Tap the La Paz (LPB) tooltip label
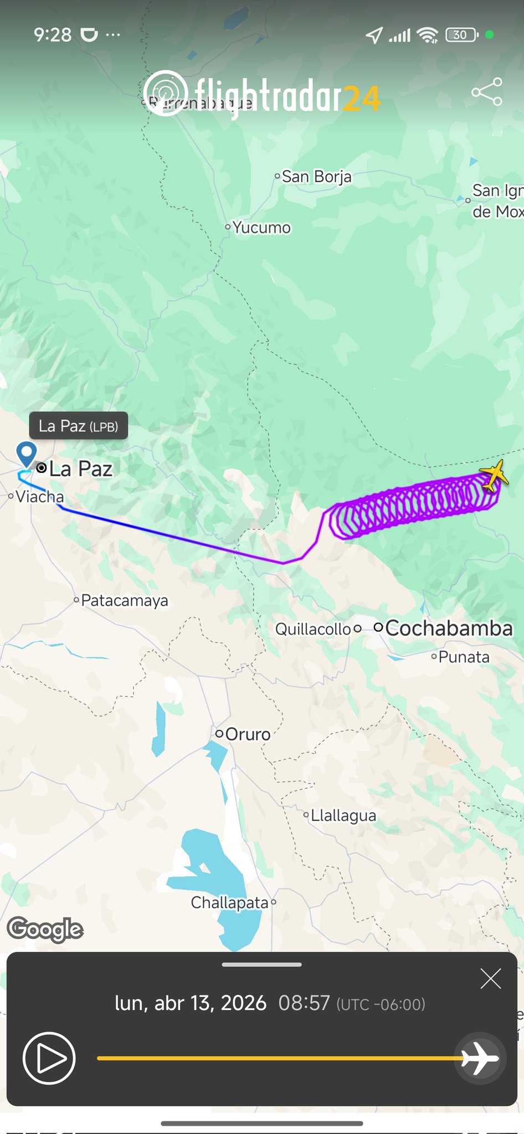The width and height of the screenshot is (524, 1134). pos(78,426)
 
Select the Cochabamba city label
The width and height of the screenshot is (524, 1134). pos(448,628)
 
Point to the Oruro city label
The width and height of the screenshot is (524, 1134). pos(247,734)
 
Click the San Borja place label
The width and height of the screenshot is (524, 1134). pos(316,177)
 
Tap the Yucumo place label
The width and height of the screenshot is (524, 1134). pos(261,228)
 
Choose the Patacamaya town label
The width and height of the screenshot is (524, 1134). pos(124,601)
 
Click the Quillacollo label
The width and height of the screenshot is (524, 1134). pos(313,629)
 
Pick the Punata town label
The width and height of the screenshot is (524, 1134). pos(464,657)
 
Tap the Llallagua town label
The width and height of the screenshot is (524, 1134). pos(343,816)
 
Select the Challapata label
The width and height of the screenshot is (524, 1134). pos(229,903)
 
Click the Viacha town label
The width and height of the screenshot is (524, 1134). pos(39,497)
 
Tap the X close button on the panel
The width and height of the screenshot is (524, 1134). pos(491,979)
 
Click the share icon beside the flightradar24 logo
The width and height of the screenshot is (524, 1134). pos(487,92)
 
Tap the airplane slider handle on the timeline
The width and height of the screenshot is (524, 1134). pos(480,1058)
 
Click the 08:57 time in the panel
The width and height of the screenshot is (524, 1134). pos(304,1003)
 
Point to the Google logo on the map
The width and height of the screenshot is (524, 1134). pos(45,929)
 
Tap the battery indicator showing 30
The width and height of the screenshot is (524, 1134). pos(461,35)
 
